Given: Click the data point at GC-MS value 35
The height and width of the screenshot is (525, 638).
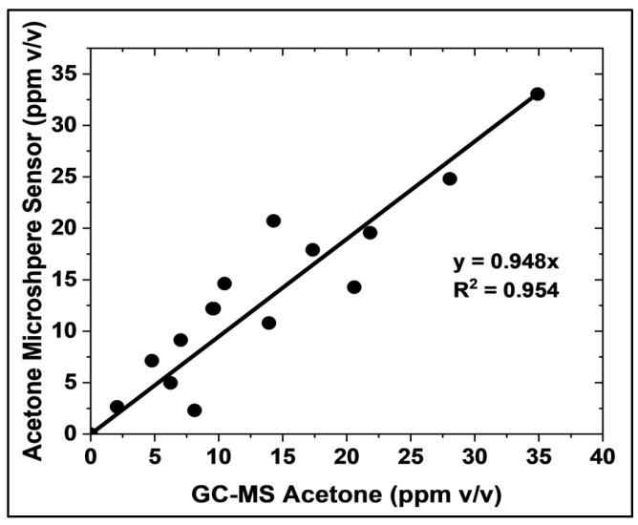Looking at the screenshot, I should tap(538, 94).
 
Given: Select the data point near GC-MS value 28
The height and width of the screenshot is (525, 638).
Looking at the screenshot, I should tap(450, 178).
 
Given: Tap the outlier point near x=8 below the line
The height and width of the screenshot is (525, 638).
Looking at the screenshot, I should tap(195, 410).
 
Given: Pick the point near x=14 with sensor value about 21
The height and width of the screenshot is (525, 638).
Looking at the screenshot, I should tap(273, 220).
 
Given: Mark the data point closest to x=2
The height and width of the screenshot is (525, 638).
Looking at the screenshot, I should tap(117, 407).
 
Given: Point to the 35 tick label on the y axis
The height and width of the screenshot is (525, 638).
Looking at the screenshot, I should tap(67, 73).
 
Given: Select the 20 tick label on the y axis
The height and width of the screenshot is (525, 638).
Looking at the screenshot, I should tap(67, 228).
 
